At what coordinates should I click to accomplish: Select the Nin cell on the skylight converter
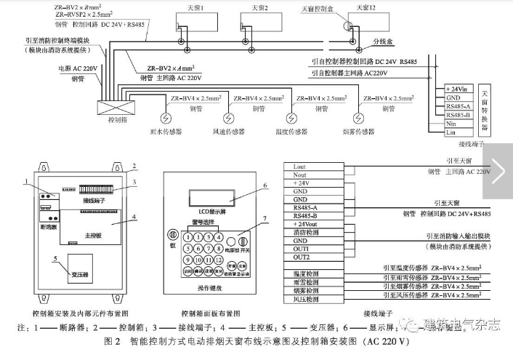click(459, 124)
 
